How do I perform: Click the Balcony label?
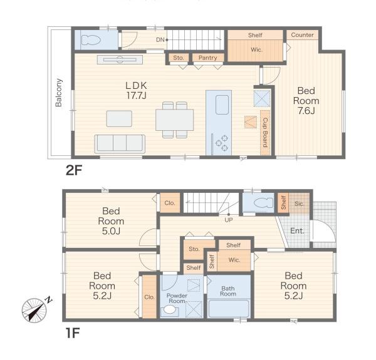[x=59, y=93]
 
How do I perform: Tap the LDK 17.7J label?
[x=136, y=90]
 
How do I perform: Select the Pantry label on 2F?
[x=207, y=58]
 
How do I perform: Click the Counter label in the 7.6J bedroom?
[x=302, y=34]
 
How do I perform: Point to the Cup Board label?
[x=265, y=133]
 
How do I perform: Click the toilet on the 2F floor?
[x=91, y=40]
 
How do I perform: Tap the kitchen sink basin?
[x=222, y=105]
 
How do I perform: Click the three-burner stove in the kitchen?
[x=222, y=143]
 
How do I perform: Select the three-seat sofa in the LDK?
[x=120, y=144]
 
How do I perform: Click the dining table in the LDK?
[x=175, y=120]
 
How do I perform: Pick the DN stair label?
[x=160, y=40]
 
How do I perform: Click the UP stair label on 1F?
[x=229, y=220]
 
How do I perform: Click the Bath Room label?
[x=228, y=291]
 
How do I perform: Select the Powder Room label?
[x=177, y=298]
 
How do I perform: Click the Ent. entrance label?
[x=297, y=230]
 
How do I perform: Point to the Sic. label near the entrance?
[x=299, y=204]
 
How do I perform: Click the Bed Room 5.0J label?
[x=111, y=221]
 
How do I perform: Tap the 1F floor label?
[x=73, y=332]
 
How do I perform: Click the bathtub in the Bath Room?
[x=229, y=309]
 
